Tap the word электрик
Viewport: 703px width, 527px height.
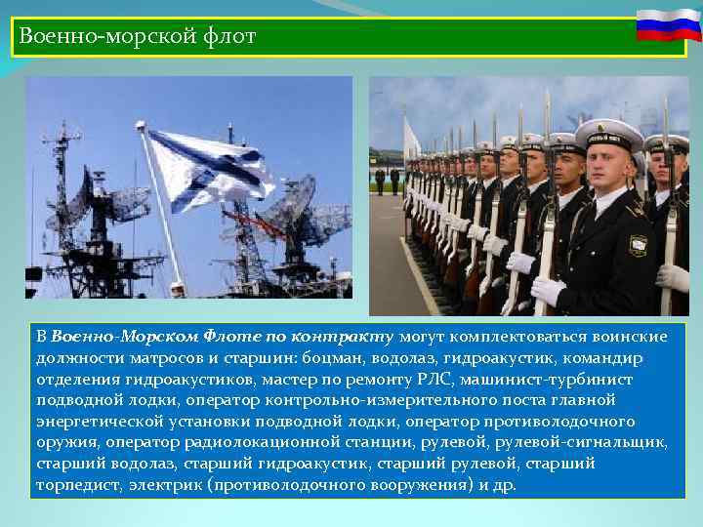tap(167, 485)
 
